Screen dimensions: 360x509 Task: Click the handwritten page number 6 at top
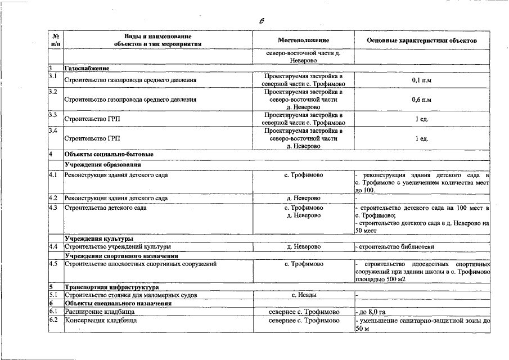262,21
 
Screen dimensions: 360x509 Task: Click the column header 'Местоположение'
303,41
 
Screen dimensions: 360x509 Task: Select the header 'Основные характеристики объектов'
421,41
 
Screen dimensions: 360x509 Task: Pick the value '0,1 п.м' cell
421,80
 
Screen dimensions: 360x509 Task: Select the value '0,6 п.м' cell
421,100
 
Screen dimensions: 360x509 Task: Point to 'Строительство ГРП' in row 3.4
92,138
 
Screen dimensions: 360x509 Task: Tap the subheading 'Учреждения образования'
102,165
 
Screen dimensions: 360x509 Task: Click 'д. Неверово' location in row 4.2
303,199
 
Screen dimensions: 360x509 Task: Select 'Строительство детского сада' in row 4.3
106,208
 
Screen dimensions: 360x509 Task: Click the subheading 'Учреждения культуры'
98,238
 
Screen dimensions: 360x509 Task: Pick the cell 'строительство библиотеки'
395,247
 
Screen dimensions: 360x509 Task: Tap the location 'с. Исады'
303,295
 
